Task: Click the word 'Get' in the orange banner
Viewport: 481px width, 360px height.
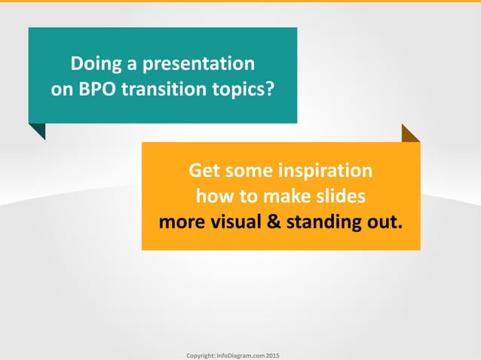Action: pos(204,170)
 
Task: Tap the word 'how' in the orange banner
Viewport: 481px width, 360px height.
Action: pos(213,197)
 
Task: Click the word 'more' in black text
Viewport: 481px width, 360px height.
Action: pos(181,223)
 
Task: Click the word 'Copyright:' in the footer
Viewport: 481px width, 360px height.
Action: pos(202,354)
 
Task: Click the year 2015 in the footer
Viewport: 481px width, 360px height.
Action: pos(273,354)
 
